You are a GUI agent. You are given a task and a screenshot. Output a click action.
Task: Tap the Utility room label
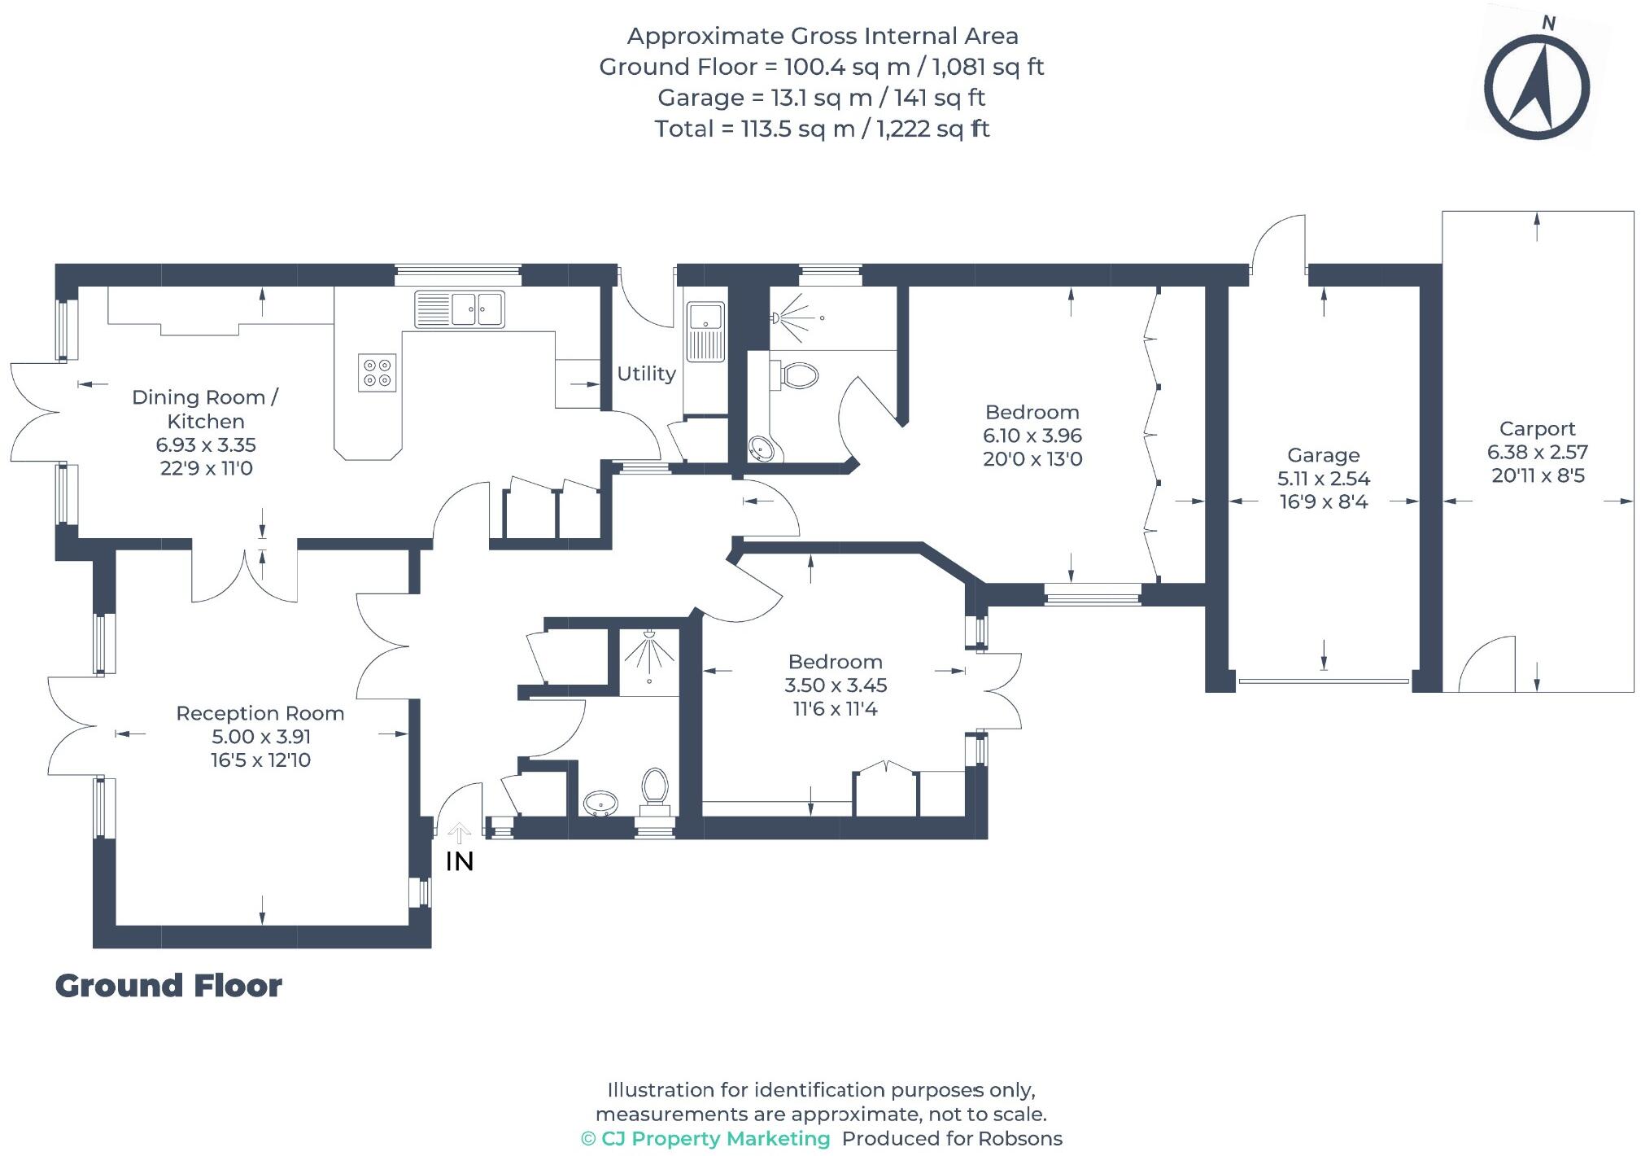646,374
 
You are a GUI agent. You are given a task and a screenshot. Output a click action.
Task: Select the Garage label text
1323,455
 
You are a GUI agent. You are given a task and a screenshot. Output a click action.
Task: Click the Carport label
1537,428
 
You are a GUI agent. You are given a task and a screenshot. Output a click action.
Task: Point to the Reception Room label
260,713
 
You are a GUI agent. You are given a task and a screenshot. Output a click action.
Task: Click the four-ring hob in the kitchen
378,373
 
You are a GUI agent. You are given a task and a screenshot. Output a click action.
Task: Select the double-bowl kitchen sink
460,309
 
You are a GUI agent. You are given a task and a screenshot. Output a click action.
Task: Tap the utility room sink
705,331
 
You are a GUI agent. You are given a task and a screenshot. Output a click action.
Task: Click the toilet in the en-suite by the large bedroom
799,375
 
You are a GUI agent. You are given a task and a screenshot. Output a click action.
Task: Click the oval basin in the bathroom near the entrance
602,804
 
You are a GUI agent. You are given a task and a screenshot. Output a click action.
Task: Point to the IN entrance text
460,861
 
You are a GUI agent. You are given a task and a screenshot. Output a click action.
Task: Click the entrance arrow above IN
460,833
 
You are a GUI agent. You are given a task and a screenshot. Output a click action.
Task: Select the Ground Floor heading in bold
168,986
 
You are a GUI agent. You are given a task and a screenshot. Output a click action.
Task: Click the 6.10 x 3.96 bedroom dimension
1032,436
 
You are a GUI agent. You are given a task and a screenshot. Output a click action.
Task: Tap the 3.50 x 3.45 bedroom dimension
835,685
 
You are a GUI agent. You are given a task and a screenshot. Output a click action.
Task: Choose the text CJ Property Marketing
714,1138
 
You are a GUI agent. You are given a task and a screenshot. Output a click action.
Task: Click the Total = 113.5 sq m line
822,129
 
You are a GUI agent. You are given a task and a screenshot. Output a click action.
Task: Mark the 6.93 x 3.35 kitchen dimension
206,444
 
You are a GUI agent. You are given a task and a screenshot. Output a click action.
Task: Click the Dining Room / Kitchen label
206,409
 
